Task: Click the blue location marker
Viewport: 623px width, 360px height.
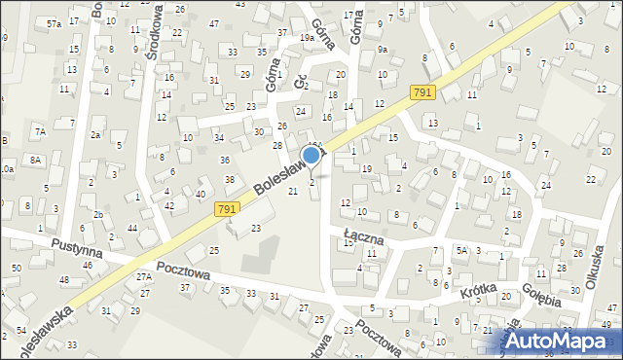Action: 311,155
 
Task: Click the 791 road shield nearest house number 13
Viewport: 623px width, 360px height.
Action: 421,91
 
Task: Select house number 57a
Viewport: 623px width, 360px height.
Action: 54,23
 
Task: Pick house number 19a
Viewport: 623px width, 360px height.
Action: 307,38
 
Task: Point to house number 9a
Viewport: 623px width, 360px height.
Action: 383,50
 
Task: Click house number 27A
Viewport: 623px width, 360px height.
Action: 144,277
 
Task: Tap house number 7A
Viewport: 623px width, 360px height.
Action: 40,130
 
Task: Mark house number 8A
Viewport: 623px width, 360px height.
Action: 36,159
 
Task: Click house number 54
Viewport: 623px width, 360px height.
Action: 21,332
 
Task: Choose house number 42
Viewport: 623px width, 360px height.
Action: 169,205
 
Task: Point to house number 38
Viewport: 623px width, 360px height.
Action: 230,180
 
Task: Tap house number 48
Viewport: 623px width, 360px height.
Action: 64,280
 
